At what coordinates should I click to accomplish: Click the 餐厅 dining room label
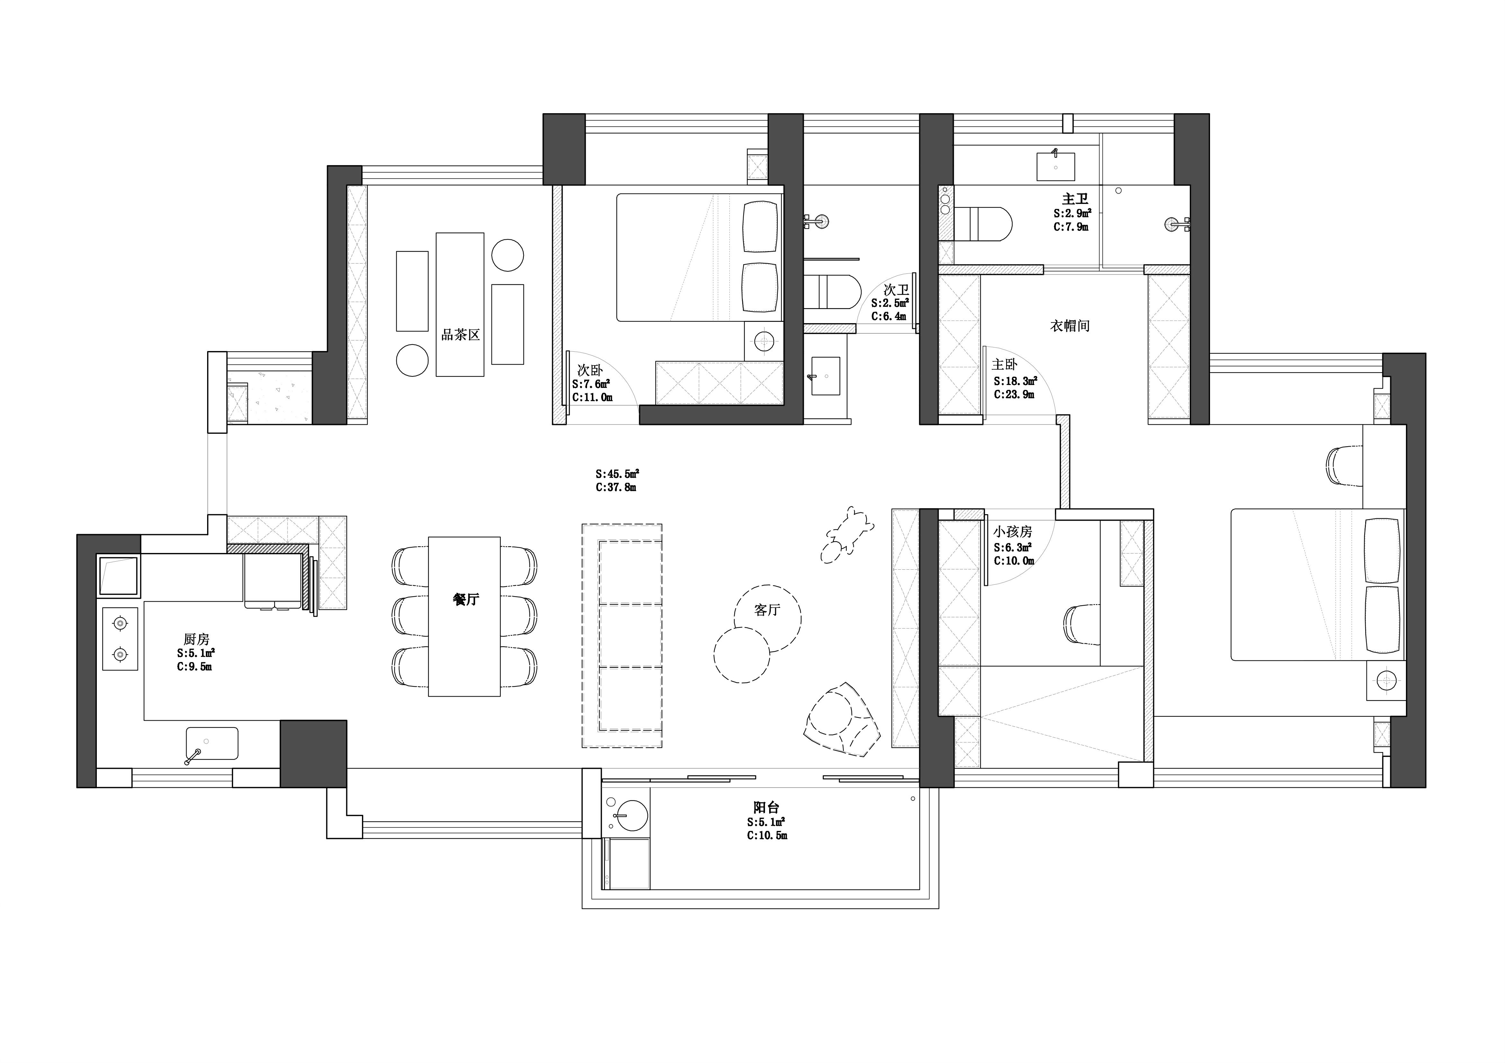466,599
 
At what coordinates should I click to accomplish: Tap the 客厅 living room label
767,610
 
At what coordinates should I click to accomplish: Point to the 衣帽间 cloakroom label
1070,326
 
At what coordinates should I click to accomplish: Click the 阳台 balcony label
766,808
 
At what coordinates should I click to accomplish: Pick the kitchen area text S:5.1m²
196,653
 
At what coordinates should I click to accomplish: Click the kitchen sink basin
212,743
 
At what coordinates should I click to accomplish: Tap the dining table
464,616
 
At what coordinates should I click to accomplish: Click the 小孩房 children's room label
1013,531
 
